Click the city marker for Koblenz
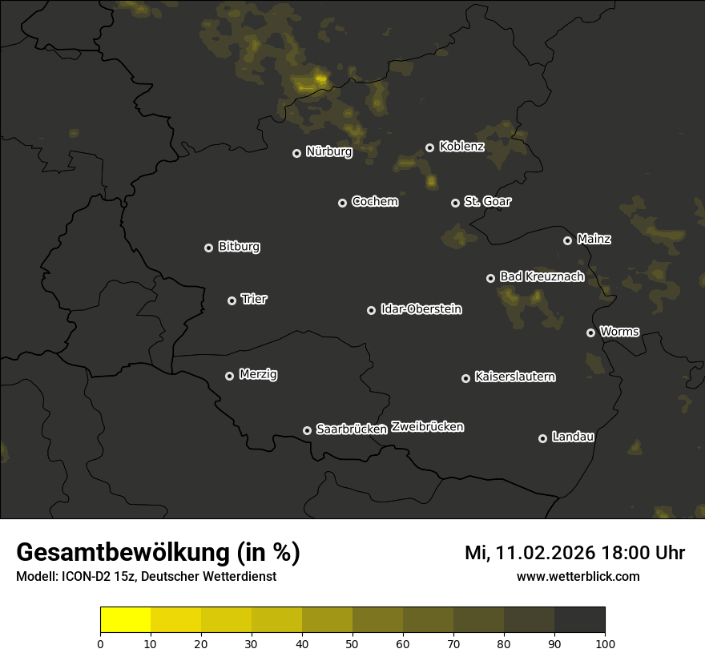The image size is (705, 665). [429, 147]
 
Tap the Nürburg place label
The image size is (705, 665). [328, 151]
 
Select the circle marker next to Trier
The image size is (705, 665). [232, 300]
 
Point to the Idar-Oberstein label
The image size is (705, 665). [421, 308]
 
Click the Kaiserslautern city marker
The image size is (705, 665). [465, 378]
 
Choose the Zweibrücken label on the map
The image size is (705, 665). [427, 427]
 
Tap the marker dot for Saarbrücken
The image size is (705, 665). [307, 430]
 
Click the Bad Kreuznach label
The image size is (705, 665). [542, 276]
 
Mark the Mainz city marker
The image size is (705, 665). [567, 240]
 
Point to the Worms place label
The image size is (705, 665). [619, 331]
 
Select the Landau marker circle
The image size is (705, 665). [542, 438]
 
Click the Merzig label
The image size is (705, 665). [258, 374]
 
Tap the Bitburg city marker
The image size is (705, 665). [208, 248]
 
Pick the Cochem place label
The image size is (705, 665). [374, 202]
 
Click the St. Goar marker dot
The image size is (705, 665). [455, 203]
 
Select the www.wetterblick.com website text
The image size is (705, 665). [578, 576]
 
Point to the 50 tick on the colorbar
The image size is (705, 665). [352, 643]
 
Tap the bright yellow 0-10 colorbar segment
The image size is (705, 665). [126, 620]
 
